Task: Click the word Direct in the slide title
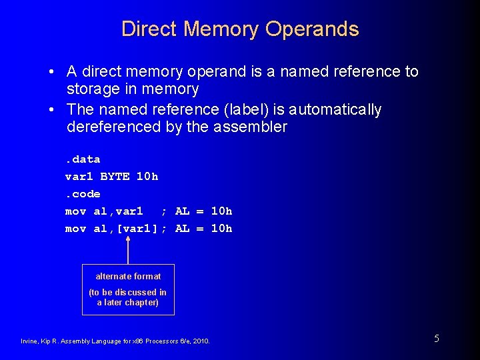(149, 29)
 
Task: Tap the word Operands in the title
(312, 30)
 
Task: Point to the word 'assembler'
(250, 127)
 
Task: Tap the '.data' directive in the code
(82, 159)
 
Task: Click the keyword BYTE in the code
(114, 177)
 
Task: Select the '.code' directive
(82, 194)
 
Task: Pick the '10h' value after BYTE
(147, 177)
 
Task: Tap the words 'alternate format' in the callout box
(128, 276)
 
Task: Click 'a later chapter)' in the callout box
(128, 302)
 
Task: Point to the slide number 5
(437, 339)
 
